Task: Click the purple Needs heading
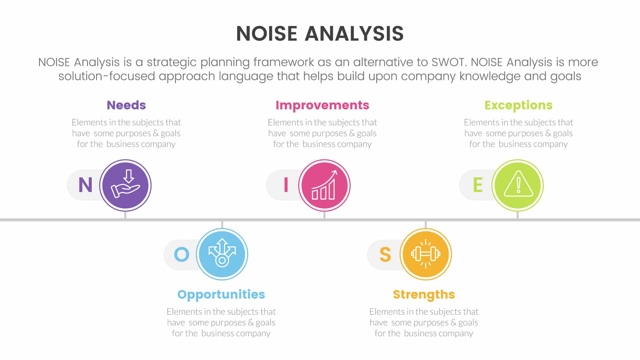click(x=126, y=105)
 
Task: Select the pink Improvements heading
click(x=322, y=105)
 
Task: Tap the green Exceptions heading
click(x=518, y=105)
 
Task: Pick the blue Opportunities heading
click(x=221, y=294)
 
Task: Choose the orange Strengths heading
click(x=424, y=294)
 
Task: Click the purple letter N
click(x=85, y=185)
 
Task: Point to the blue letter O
click(x=181, y=254)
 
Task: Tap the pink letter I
click(x=286, y=185)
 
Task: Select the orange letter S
click(x=385, y=254)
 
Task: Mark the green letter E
click(x=478, y=185)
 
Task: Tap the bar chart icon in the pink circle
click(x=324, y=186)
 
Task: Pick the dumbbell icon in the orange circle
click(x=426, y=254)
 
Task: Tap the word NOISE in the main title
click(x=267, y=34)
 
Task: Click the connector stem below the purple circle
click(x=125, y=215)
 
